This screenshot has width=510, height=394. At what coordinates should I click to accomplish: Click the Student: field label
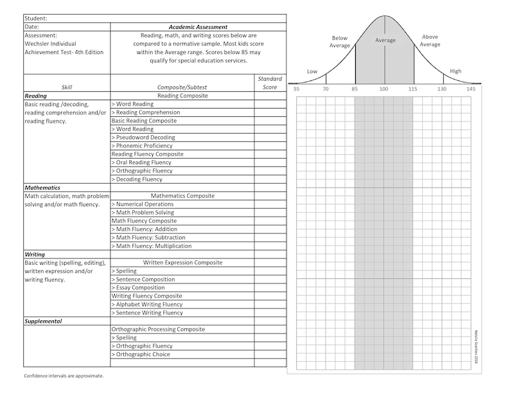36,19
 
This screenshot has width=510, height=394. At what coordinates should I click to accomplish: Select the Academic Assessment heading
198,27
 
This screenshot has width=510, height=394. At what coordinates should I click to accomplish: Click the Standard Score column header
270,83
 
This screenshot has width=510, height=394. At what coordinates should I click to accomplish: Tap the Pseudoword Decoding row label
145,138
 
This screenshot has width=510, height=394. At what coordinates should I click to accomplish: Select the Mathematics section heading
42,188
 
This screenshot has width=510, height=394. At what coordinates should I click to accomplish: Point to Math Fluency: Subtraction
152,238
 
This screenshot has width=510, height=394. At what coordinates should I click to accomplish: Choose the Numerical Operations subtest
145,204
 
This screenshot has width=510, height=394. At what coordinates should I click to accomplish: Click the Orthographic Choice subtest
143,355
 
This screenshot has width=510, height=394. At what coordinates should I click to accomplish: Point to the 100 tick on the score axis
384,89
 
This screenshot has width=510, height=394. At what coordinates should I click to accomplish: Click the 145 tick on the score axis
471,89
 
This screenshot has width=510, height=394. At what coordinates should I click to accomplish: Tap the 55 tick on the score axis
296,89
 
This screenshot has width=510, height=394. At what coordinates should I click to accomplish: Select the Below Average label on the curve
340,42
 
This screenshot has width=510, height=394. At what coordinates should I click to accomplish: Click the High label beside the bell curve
455,71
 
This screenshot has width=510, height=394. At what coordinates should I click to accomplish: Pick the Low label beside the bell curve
312,71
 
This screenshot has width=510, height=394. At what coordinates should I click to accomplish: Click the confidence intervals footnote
64,375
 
